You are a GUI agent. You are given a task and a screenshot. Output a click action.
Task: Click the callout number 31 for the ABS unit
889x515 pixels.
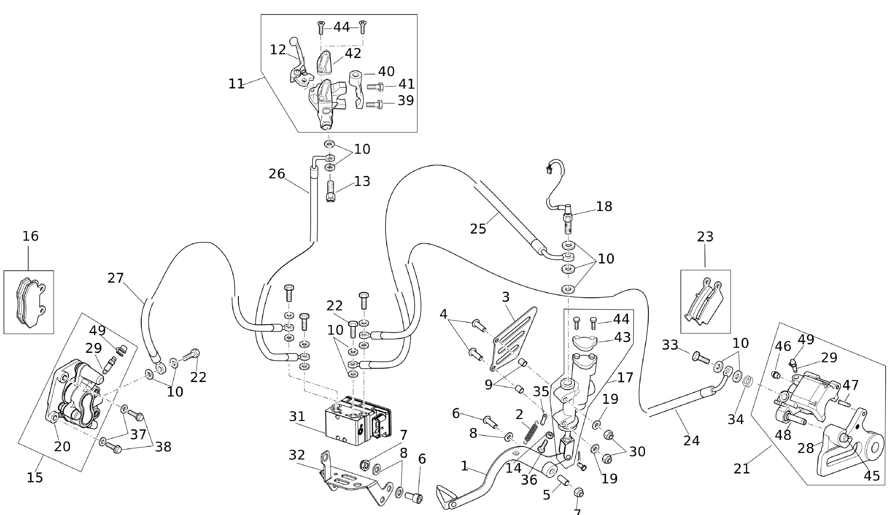(x=297, y=417)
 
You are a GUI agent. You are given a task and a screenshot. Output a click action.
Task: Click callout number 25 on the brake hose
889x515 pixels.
(x=478, y=229)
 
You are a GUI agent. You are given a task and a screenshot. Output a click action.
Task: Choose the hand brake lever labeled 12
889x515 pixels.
(x=298, y=64)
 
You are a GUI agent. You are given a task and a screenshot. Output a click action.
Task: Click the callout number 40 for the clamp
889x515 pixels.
(x=386, y=72)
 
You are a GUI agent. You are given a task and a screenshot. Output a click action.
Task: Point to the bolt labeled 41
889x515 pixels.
(x=375, y=86)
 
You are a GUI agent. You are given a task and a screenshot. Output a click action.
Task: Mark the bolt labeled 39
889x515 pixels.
(x=374, y=104)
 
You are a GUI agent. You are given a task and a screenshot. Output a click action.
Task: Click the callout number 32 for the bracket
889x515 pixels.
(x=297, y=455)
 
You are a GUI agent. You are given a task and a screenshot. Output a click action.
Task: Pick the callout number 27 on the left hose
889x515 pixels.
(x=115, y=278)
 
